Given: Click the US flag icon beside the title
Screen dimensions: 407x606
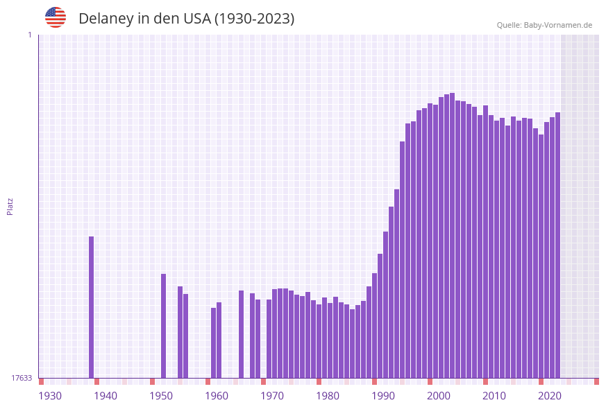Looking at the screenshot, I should click(x=56, y=17).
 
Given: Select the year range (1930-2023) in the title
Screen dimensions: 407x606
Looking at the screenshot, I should click(x=254, y=19).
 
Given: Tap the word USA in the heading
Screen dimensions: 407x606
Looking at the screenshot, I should click(x=196, y=19).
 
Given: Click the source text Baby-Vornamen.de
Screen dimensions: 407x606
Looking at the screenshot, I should click(x=557, y=25).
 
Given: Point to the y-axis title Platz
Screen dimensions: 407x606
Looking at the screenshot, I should click(x=10, y=206).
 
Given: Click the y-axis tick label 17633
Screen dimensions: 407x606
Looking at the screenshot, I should click(x=22, y=378).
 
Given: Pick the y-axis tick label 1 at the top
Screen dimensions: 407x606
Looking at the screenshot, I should click(x=29, y=35).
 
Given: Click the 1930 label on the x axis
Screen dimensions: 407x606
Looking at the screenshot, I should click(x=50, y=396).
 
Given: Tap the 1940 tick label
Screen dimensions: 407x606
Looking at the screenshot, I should click(x=106, y=396).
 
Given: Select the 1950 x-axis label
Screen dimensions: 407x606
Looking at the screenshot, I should click(x=161, y=396).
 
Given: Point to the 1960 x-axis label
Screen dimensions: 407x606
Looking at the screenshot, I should click(x=217, y=396).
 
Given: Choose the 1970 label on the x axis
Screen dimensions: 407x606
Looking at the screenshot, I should click(x=272, y=396).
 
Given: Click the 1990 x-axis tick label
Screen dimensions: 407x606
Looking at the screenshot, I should click(x=383, y=396).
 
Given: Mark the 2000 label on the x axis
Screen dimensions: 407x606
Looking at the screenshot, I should click(x=439, y=396).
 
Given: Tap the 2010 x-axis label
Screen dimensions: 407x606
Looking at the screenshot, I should click(x=494, y=396).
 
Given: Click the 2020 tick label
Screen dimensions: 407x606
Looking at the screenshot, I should click(x=550, y=396).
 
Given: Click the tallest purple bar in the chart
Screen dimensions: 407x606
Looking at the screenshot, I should click(x=452, y=236).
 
